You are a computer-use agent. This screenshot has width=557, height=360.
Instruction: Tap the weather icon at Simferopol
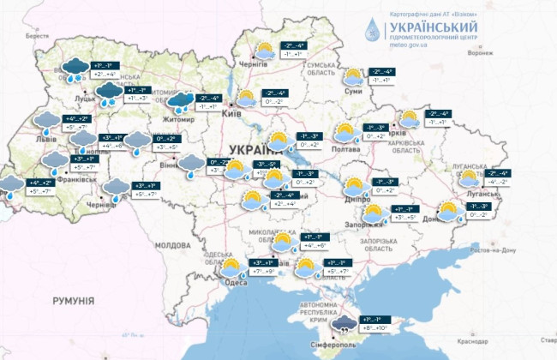pos(345,323)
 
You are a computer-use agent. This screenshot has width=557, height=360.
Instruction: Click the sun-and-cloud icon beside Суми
pos(353,76)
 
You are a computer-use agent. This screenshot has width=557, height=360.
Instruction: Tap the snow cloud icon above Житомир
pos(180,103)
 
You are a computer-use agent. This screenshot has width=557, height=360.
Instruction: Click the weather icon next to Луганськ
pos(468,178)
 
